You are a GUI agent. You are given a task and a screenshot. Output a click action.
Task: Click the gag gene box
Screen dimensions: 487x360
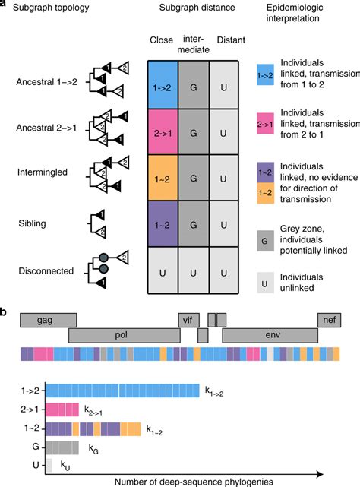(x=49, y=320)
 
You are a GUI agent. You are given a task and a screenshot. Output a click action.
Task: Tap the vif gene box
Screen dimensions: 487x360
(x=188, y=320)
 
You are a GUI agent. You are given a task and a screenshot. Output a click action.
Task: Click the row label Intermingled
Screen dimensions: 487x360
(x=39, y=172)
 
